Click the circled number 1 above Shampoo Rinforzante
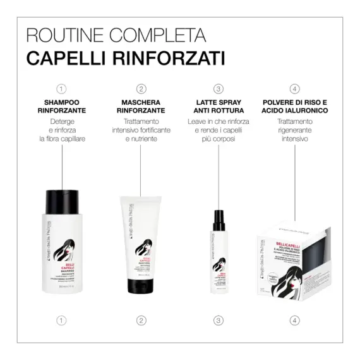click(x=61, y=88)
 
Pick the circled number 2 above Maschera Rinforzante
click(x=141, y=88)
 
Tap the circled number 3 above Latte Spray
click(x=219, y=88)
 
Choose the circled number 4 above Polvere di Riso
click(x=295, y=88)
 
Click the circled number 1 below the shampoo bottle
click(x=61, y=320)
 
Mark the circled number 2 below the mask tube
click(x=141, y=320)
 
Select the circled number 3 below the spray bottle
click(x=219, y=320)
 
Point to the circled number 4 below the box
click(x=295, y=320)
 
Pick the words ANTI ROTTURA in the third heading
click(x=219, y=110)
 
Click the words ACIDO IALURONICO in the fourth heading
click(x=295, y=110)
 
